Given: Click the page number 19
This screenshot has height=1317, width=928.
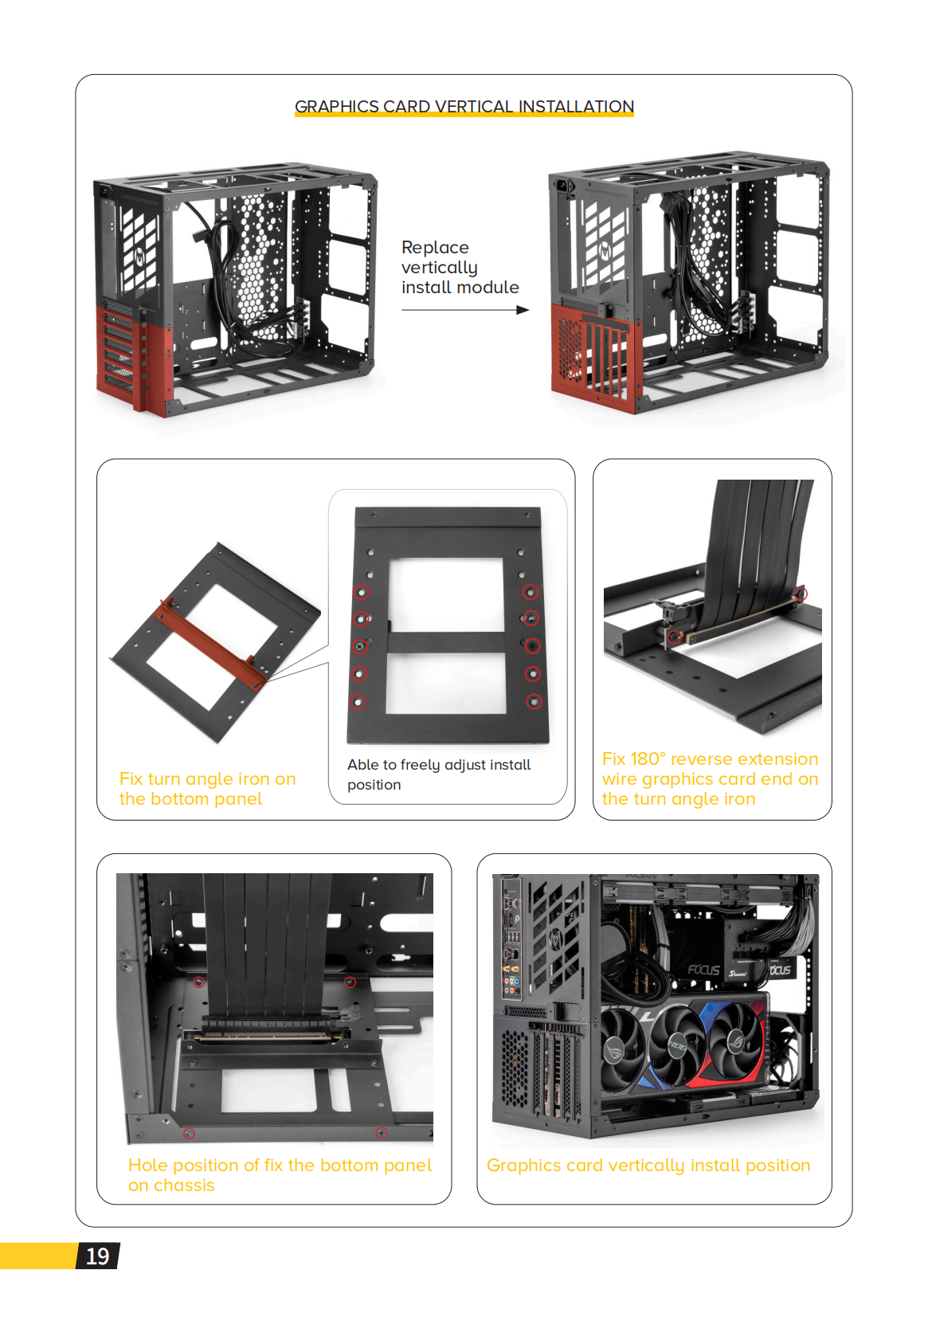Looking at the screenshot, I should [97, 1256].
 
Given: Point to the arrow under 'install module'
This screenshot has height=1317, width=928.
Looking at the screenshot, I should [465, 310].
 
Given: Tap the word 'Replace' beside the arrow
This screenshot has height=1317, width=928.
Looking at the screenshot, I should [435, 248].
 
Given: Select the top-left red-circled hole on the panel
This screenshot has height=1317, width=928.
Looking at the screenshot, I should [362, 592].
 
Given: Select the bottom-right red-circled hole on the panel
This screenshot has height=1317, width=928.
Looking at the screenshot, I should [534, 701].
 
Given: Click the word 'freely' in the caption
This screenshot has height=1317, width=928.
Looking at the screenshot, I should [420, 765].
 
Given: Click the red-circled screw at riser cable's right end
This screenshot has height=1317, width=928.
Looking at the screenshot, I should [801, 594].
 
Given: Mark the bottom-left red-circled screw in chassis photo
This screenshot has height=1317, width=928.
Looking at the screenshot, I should [190, 1133].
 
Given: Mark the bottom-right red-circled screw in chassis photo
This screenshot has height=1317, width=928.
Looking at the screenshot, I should [382, 1133].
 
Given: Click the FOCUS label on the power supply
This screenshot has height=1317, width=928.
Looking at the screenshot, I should [703, 970].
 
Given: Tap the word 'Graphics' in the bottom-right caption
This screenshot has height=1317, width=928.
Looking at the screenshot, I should [523, 1166].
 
